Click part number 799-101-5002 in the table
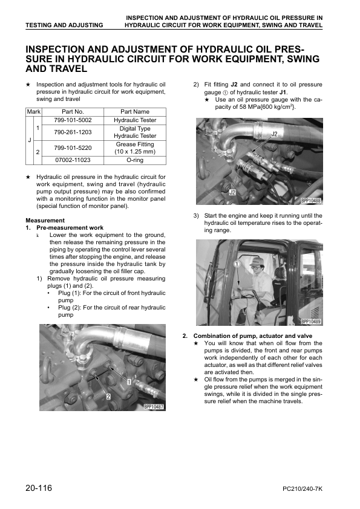coord(73,120)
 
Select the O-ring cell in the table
coord(135,160)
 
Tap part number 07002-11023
coord(73,160)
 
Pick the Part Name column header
coord(135,112)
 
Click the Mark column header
coord(33,112)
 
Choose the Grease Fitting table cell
coord(135,148)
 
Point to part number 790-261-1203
coord(73,132)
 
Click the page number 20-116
coord(39,488)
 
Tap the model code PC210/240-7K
coord(303,489)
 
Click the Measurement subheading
coord(45,221)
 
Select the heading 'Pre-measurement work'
coord(70,228)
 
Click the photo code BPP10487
coord(154,406)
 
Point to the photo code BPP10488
coord(311,201)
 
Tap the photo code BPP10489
coord(311,322)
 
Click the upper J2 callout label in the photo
coord(274,134)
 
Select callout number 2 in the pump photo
coord(108,397)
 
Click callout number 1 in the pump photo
coord(129,382)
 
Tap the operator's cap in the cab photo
coord(256,262)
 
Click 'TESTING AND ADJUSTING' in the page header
coord(64,25)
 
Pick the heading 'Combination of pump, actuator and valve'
coord(253,336)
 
